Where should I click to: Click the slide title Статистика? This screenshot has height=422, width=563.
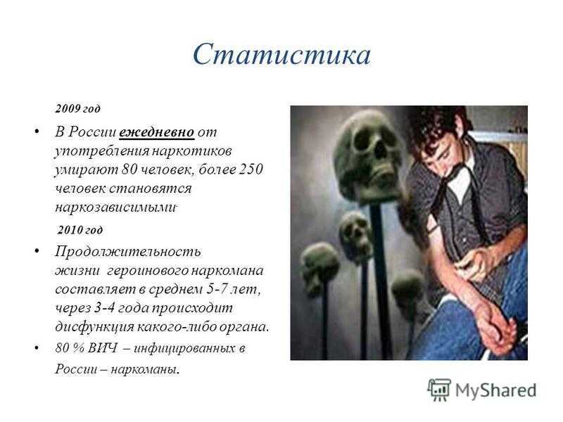click(x=281, y=55)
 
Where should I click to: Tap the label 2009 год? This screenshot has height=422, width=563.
click(x=77, y=108)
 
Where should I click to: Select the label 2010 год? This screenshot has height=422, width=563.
click(x=80, y=230)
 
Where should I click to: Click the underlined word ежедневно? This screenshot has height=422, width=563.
click(x=156, y=132)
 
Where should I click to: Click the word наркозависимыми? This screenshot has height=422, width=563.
click(x=115, y=207)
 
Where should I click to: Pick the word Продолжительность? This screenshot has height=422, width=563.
click(x=128, y=252)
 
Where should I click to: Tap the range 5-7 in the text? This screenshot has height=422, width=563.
click(x=217, y=289)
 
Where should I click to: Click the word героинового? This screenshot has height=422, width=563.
click(x=147, y=271)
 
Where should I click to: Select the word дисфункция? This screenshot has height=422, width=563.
click(x=94, y=327)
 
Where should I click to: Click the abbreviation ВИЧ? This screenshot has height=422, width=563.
click(x=102, y=347)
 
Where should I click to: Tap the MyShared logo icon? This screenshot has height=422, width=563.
click(x=438, y=390)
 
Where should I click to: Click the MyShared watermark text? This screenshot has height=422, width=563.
click(x=496, y=390)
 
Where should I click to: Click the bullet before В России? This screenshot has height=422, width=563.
click(x=37, y=132)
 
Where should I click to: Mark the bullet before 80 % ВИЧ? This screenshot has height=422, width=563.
click(x=37, y=347)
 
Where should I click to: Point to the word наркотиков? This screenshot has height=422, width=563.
click(x=191, y=151)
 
